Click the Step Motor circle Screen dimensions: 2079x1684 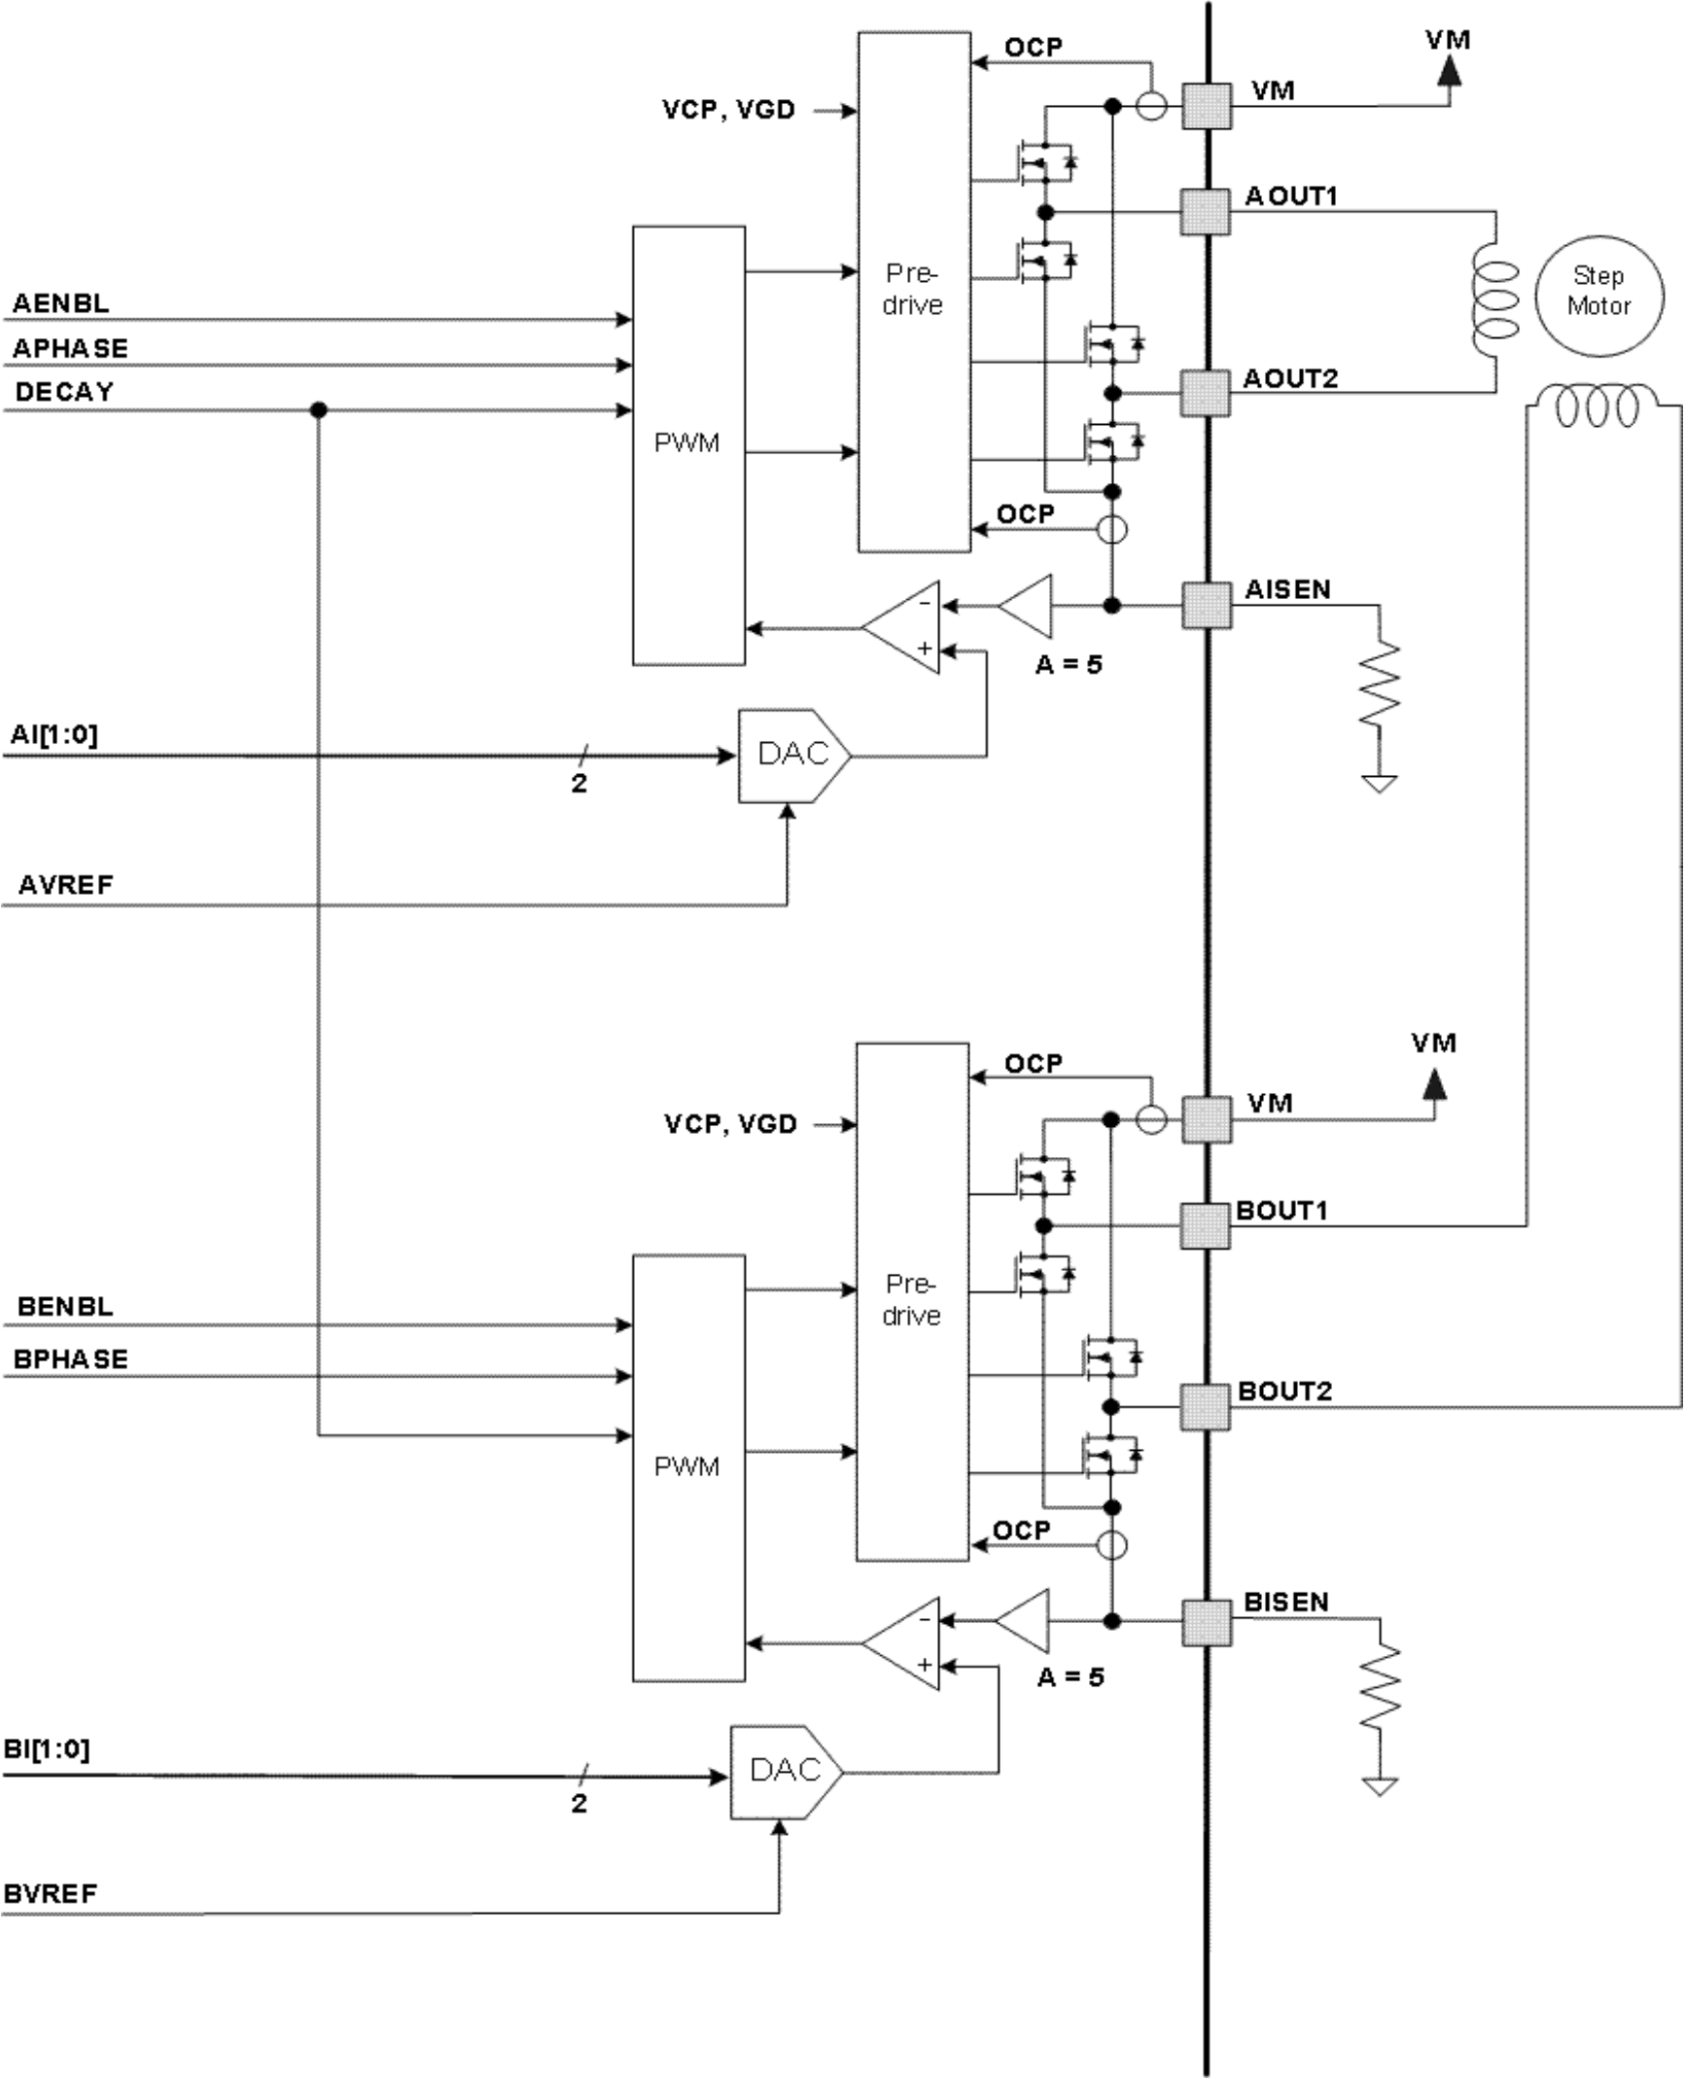pos(1598,295)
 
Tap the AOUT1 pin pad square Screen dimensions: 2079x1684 pos(1206,211)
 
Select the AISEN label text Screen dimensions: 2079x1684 pos(1287,589)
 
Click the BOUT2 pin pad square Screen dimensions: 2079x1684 pos(1206,1406)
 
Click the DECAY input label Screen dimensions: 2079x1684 pos(64,392)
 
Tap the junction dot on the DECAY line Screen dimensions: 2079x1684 pos(318,410)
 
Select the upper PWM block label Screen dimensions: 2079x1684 pos(686,443)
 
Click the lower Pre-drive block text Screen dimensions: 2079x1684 pos(911,1300)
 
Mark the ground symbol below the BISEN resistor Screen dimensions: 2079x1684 pos(1380,1786)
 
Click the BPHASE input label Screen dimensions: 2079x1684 pos(70,1359)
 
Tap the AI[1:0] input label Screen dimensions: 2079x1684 pos(54,734)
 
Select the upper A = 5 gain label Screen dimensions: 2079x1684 pos(1069,665)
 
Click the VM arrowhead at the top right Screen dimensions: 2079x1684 pos(1449,70)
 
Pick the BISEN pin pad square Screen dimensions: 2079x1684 pos(1206,1622)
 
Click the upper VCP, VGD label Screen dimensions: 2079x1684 pos(728,110)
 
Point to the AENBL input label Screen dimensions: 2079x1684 pos(60,303)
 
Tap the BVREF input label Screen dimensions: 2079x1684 pos(51,1894)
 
